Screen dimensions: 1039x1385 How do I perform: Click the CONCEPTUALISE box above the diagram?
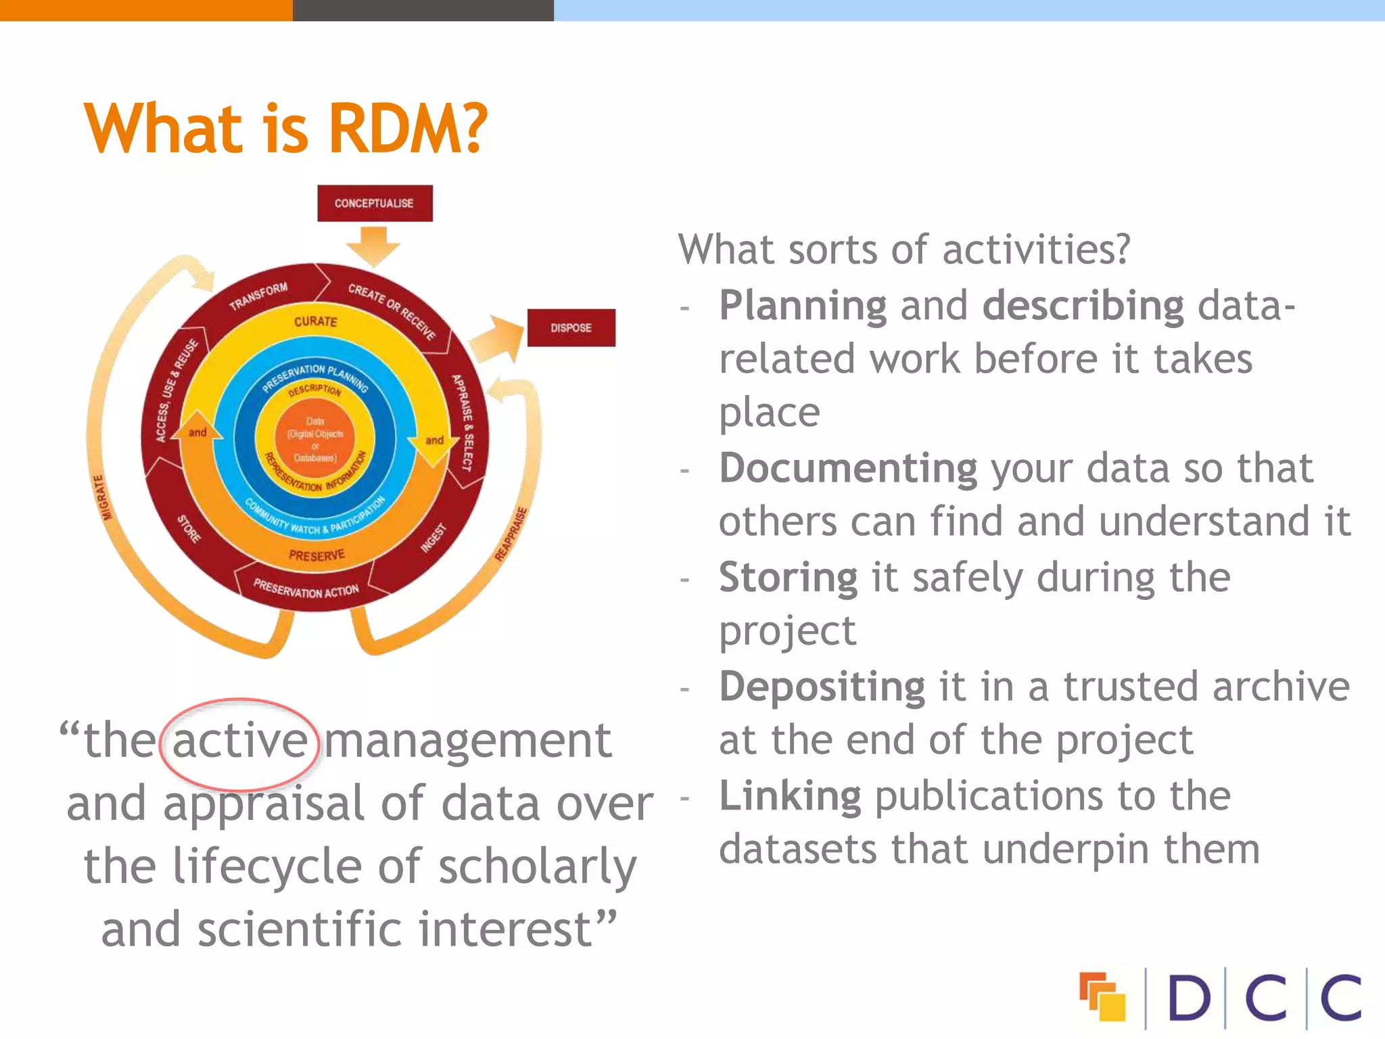(375, 203)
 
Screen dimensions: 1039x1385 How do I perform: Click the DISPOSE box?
(571, 328)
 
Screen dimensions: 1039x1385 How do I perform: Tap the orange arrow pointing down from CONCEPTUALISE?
(374, 246)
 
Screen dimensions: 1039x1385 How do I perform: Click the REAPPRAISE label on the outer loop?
(511, 534)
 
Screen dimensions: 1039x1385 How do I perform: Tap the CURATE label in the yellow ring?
(315, 321)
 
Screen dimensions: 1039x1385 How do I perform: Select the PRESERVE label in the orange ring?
(316, 555)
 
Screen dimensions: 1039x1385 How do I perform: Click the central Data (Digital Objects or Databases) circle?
(315, 439)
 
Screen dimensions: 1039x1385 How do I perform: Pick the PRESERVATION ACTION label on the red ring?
(306, 589)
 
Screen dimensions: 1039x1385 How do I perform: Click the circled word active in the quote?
(239, 741)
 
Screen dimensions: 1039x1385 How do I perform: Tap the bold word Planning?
(803, 306)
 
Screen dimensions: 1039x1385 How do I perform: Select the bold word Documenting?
(848, 469)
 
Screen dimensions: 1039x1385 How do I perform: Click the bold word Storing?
(788, 578)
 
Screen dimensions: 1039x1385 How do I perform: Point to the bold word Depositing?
(822, 687)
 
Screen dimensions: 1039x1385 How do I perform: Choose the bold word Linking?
(790, 796)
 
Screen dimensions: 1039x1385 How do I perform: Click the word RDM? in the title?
(408, 129)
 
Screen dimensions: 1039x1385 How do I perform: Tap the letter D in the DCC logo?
(1188, 998)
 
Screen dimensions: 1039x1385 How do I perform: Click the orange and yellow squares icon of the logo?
(1102, 996)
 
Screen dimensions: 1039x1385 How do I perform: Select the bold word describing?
(1083, 306)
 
